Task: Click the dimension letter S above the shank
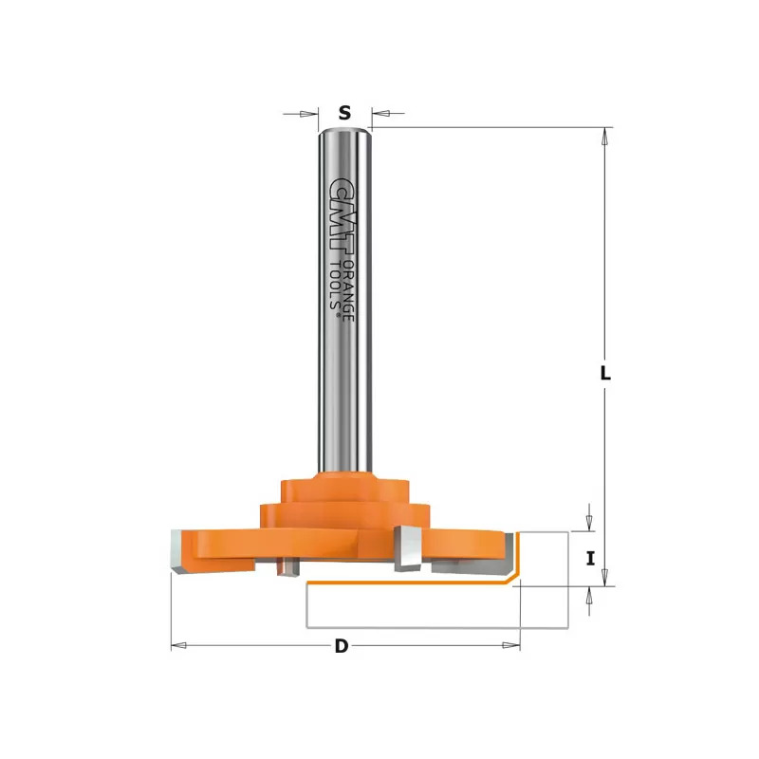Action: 344,113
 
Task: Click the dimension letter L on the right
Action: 605,373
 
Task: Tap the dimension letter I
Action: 590,559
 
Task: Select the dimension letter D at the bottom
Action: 342,646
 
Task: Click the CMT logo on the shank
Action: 341,214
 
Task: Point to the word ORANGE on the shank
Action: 349,289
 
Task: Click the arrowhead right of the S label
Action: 381,114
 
